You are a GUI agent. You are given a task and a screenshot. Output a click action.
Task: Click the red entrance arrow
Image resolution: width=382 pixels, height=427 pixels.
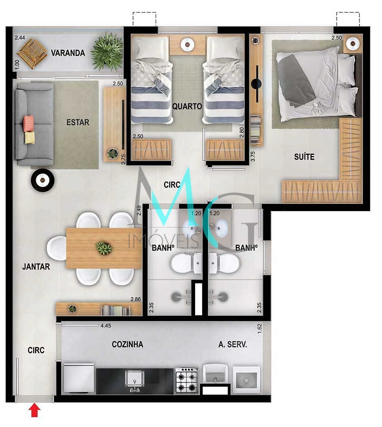[34, 410]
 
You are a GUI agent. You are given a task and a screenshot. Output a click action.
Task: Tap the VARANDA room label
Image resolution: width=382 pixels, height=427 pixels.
[68, 53]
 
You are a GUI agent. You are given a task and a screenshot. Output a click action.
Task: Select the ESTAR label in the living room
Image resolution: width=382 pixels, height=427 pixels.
[78, 122]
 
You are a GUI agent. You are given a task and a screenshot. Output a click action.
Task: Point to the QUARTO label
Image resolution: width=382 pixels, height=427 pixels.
[187, 106]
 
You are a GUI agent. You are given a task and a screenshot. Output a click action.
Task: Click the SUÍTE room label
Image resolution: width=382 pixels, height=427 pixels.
[304, 157]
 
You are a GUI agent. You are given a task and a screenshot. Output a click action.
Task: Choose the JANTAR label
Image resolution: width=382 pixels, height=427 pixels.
[36, 267]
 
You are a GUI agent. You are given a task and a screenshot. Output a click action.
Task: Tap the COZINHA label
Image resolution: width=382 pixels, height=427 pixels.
[128, 344]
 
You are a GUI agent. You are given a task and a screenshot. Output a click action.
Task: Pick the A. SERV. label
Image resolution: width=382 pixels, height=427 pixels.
[233, 345]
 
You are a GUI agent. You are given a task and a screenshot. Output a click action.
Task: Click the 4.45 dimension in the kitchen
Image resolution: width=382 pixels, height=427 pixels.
[106, 326]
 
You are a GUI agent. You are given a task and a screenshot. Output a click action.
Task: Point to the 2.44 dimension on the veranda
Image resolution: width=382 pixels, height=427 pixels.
[20, 38]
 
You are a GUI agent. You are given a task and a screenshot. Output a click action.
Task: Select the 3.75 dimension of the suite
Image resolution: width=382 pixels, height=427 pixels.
[253, 156]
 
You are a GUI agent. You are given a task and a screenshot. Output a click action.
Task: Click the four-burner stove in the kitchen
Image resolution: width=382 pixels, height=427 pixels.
[187, 380]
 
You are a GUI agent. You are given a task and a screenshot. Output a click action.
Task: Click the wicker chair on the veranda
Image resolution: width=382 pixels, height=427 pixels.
[32, 53]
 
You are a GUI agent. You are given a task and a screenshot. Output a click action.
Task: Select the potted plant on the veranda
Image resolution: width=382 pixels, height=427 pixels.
[107, 52]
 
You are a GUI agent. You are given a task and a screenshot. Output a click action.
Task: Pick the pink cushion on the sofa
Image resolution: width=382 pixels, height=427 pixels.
[28, 123]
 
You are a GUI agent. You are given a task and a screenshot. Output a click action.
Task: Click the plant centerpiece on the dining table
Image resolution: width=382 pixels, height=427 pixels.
[104, 248]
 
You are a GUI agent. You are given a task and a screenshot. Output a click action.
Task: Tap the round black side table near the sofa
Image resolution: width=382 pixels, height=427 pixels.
[43, 180]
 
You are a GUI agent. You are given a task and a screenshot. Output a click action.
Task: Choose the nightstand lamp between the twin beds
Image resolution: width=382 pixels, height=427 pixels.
[187, 44]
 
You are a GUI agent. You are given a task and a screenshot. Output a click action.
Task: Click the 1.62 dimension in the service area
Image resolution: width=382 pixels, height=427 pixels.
[259, 329]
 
